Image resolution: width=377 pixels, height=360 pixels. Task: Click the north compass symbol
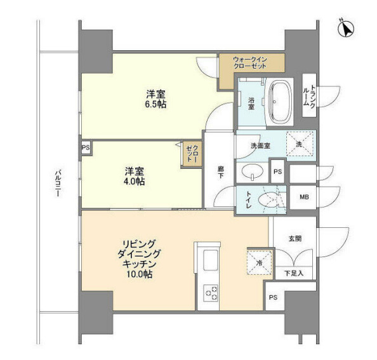click(346, 28)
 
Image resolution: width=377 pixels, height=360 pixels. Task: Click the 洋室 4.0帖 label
click(134, 176)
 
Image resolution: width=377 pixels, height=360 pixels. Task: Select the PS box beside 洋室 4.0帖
click(86, 147)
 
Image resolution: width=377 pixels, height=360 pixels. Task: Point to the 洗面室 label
click(260, 145)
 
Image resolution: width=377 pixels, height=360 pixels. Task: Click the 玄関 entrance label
click(295, 239)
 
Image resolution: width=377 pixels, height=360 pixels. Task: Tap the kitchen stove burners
click(211, 293)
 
